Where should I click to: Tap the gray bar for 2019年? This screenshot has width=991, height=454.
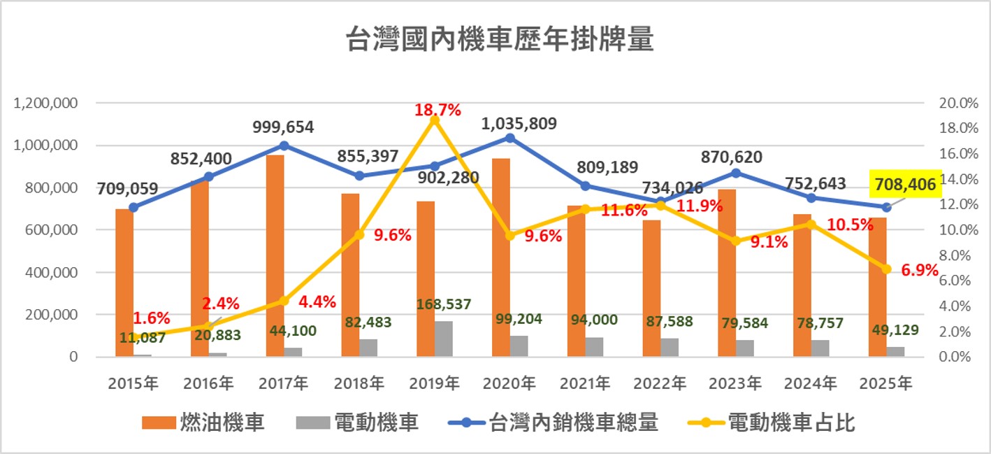coord(444,339)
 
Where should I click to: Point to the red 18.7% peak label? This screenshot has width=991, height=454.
coord(437,110)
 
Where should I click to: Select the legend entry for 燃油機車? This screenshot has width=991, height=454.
coord(203,423)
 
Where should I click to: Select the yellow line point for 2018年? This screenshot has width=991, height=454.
coord(359,235)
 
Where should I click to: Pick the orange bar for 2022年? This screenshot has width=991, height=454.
coord(651,288)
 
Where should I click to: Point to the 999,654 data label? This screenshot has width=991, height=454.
coord(284,127)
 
